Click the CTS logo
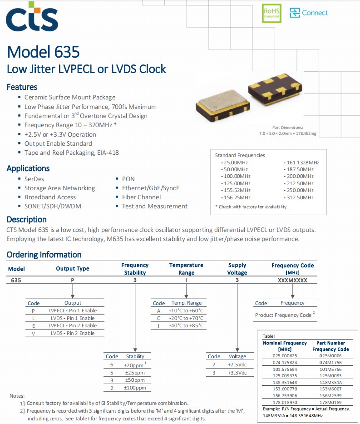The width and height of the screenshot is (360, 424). pos(32,16)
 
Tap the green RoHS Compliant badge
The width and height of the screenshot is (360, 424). pos(271,13)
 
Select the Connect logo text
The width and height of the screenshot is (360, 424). pos(315,13)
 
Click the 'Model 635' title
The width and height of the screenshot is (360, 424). pos(43,52)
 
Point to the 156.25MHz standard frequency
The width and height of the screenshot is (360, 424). pos(236,197)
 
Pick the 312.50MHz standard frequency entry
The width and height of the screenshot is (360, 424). pos(299,197)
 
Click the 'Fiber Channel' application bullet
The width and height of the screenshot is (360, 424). pos(141,197)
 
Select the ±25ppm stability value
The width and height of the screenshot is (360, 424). pos(135,373)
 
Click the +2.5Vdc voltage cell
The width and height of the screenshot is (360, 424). pos(237,365)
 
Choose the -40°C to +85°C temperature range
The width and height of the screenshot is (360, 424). pos(186,325)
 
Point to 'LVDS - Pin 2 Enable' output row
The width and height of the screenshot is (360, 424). pos(73,333)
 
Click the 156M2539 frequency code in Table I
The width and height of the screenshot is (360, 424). pos(330,395)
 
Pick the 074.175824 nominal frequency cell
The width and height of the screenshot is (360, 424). pos(285,362)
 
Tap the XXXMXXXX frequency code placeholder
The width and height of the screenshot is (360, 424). pos(292,281)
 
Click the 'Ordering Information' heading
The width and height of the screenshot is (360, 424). pos(44,255)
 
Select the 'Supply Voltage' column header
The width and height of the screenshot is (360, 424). pos(237,269)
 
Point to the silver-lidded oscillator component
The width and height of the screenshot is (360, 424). pos(222,104)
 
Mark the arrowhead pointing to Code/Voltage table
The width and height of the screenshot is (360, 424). pos(237,350)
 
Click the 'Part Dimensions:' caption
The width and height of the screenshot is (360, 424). pos(287,128)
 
